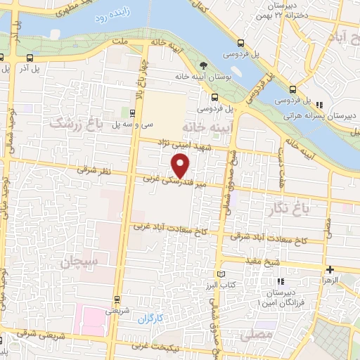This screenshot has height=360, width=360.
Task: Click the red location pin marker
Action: (181, 166)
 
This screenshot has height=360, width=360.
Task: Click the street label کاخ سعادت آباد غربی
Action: (165, 226)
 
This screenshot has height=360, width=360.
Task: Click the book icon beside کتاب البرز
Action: (221, 273)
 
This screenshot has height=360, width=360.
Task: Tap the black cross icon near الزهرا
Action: (330, 269)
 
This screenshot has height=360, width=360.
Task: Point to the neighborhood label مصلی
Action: (256, 336)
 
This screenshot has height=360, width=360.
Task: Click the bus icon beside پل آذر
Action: (30, 58)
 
